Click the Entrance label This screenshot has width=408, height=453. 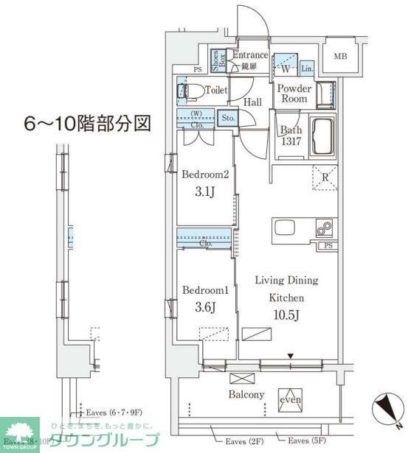[x=249, y=55]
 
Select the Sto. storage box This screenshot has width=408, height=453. [x=227, y=118]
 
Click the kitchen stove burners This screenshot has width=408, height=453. [x=324, y=228]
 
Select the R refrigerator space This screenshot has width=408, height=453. [x=324, y=177]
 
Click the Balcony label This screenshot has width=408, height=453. [x=245, y=395]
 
